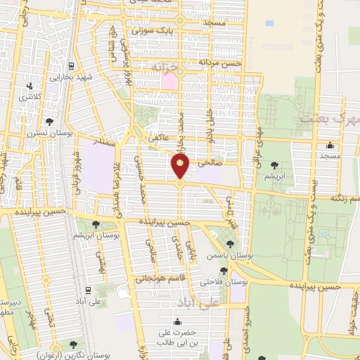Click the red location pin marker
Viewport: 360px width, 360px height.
coord(180,167)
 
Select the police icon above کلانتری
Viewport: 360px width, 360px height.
coord(29,86)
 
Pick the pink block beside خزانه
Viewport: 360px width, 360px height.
coord(169,81)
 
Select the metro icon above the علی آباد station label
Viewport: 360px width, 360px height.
coord(86,289)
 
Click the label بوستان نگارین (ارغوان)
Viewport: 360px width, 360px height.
coord(73,355)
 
